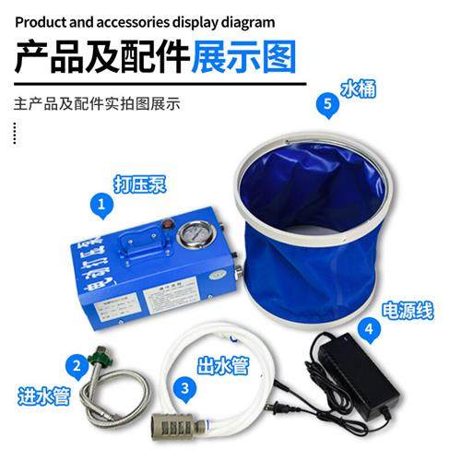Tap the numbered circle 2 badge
point(75,364)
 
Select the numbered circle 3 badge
point(186,388)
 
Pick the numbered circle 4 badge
point(369,326)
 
